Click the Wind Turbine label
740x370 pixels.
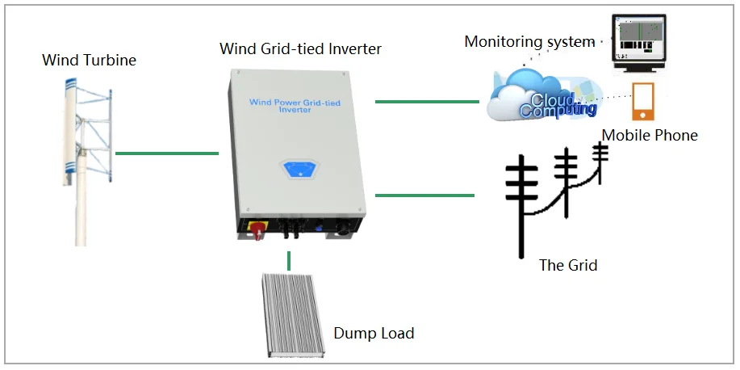pyautogui.click(x=89, y=61)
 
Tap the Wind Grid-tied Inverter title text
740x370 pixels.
pyautogui.click(x=300, y=49)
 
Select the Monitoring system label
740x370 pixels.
pyautogui.click(x=529, y=41)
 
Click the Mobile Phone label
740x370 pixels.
pyautogui.click(x=650, y=135)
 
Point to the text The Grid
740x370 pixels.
pyautogui.click(x=568, y=265)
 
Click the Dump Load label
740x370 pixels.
pyautogui.click(x=374, y=333)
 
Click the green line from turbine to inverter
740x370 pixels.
pyautogui.click(x=167, y=153)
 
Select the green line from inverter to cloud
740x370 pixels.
pyautogui.click(x=427, y=102)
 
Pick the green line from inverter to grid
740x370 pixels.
pyautogui.click(x=425, y=195)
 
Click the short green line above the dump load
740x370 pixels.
pyautogui.click(x=288, y=260)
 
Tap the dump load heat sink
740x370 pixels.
pyautogui.click(x=293, y=315)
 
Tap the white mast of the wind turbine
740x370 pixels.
pyautogui.click(x=81, y=202)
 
